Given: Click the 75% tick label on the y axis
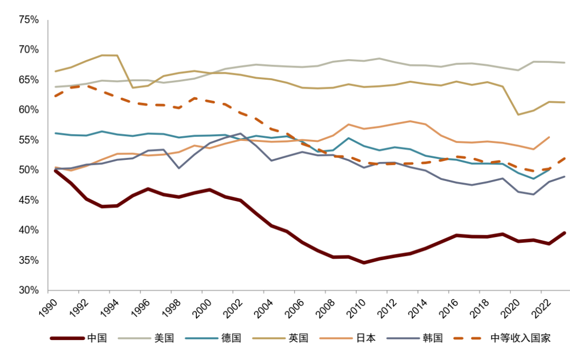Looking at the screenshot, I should pos(28,20).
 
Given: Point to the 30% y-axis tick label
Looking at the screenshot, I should pos(28,290).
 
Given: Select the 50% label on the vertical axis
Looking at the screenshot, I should pos(28,170).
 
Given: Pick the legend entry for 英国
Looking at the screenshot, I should pos(299,338).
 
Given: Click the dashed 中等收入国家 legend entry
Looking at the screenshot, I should pos(520,338).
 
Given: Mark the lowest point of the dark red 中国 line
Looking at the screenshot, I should pos(364,262).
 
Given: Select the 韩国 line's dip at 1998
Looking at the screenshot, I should pos(179,168).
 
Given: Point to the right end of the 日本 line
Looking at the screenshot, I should pos(549,137).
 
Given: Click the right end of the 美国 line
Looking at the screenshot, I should pos(565,63).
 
